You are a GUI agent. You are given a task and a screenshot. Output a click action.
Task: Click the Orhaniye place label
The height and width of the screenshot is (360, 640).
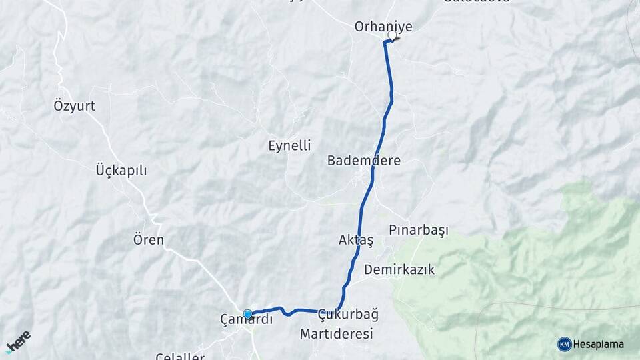(383, 27)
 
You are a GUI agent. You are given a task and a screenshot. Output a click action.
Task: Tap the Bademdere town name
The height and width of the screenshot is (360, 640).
(363, 161)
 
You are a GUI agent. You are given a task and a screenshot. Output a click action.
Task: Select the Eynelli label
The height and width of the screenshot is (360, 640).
(289, 145)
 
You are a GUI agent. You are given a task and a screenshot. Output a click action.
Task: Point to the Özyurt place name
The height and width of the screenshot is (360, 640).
(74, 105)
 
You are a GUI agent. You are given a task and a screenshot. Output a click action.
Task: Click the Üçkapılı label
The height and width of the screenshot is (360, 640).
(121, 170)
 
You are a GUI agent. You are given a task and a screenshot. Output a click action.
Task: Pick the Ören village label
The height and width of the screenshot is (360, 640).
(148, 239)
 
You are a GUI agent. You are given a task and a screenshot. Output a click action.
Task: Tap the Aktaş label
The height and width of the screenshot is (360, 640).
(356, 240)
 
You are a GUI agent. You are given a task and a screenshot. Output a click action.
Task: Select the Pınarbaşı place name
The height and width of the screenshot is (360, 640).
(419, 230)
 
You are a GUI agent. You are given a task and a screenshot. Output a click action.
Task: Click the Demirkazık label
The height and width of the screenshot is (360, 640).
(399, 269)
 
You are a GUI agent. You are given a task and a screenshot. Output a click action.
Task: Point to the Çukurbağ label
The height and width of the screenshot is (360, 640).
(349, 314)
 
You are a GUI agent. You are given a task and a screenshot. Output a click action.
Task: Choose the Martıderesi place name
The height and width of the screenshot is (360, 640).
(336, 334)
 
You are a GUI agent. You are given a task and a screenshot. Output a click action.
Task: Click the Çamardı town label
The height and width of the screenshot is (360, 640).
(247, 319)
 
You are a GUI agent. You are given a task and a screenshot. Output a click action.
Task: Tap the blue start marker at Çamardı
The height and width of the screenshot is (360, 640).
(248, 313)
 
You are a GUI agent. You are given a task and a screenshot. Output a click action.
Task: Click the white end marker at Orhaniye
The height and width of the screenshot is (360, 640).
(392, 36)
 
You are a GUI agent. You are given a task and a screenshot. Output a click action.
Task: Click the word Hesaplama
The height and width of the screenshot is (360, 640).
(598, 344)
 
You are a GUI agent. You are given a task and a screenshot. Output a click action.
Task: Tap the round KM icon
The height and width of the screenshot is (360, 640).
(564, 344)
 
